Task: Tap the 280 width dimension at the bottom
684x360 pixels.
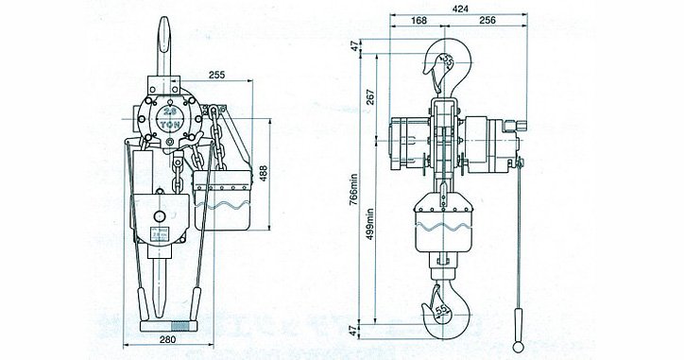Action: pyautogui.click(x=169, y=339)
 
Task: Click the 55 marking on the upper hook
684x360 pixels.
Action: pyautogui.click(x=448, y=62)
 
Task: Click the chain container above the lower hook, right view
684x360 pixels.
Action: pyautogui.click(x=441, y=231)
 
